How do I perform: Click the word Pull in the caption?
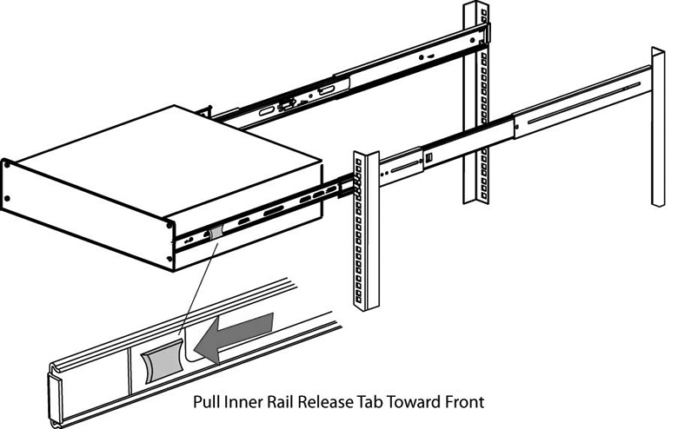204,403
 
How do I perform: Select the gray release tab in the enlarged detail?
160,362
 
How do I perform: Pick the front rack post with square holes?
364,230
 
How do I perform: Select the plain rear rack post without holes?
658,139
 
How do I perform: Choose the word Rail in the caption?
276,403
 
